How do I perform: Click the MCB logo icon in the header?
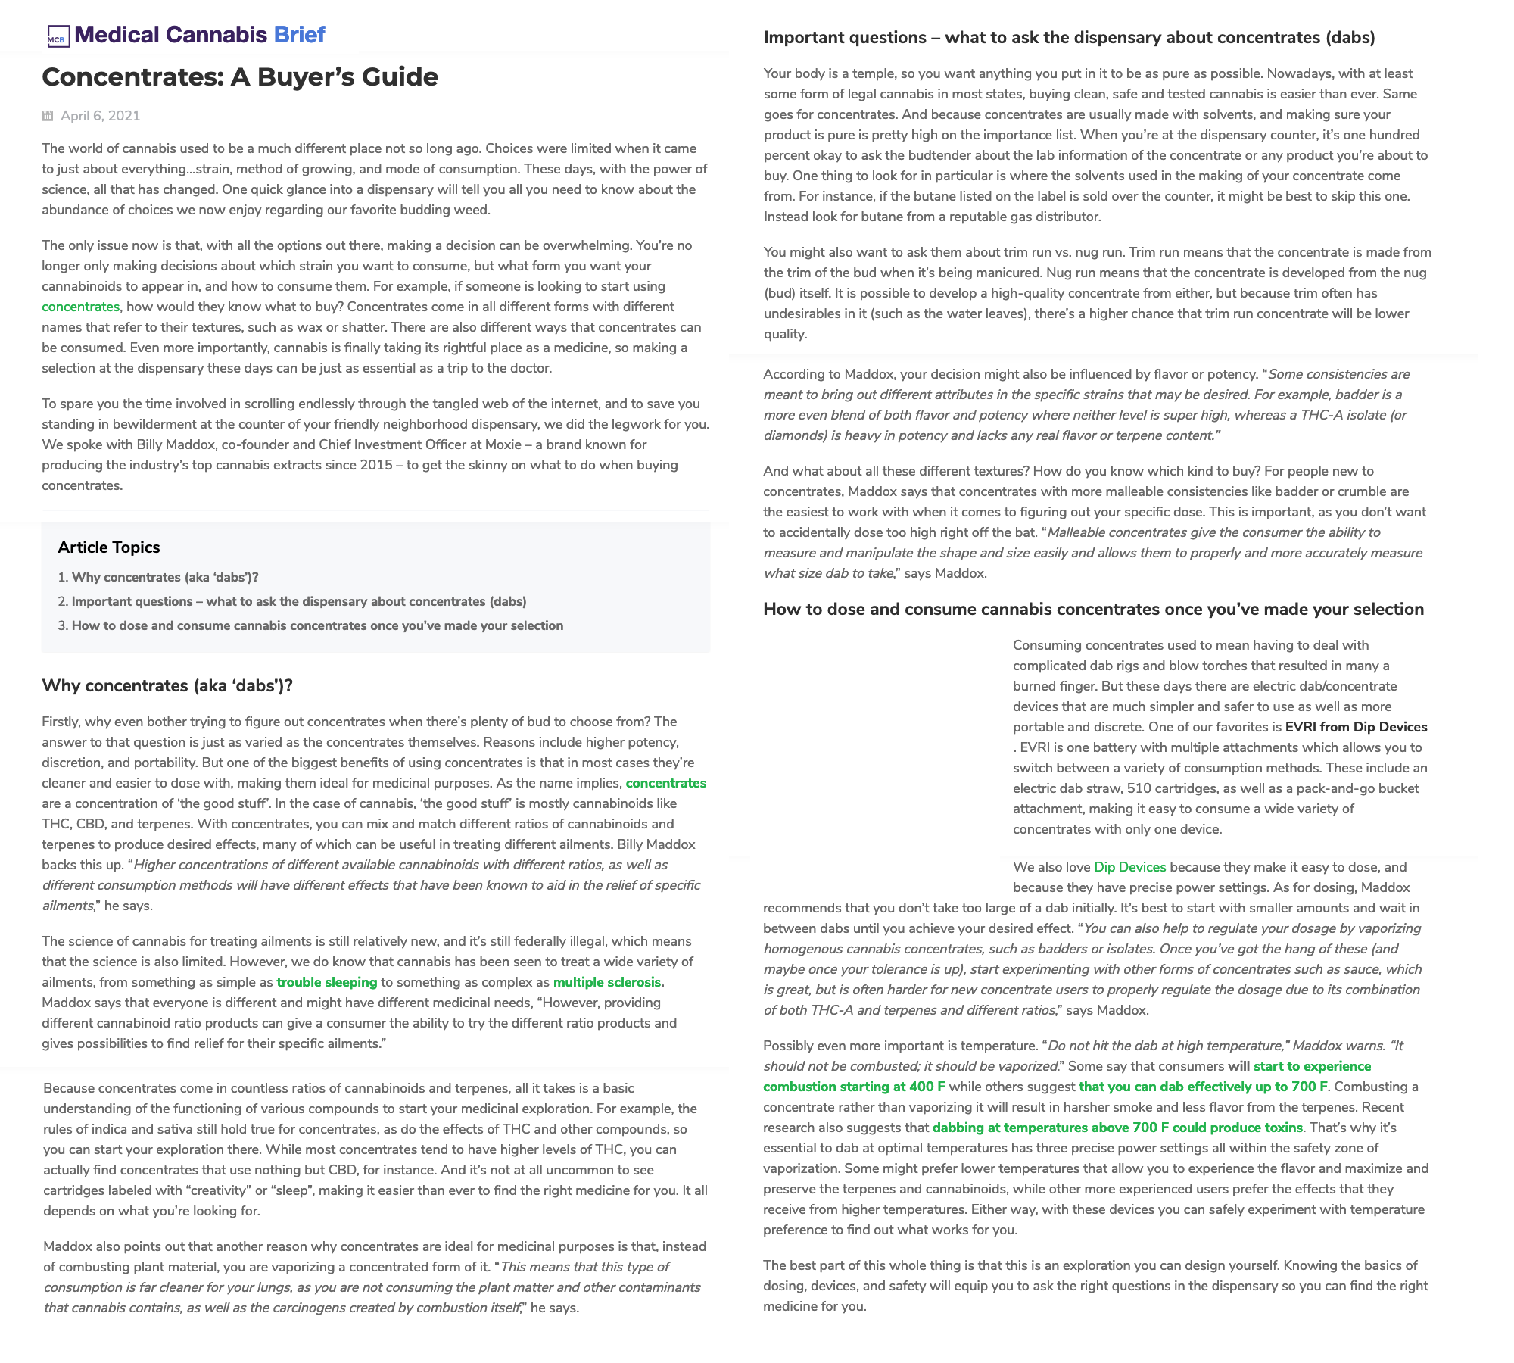pyautogui.click(x=58, y=36)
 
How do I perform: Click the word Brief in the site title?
pyautogui.click(x=299, y=35)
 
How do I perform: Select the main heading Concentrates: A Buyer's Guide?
pyautogui.click(x=240, y=77)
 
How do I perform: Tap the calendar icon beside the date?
pyautogui.click(x=48, y=116)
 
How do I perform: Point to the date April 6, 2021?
pyautogui.click(x=101, y=116)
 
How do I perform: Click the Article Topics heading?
pyautogui.click(x=109, y=547)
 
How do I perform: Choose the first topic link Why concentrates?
pyautogui.click(x=165, y=577)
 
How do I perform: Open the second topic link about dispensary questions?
pyautogui.click(x=299, y=601)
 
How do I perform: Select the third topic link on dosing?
pyautogui.click(x=317, y=625)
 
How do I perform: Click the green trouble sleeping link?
pyautogui.click(x=327, y=982)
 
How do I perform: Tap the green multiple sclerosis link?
pyautogui.click(x=607, y=982)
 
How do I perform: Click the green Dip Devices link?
pyautogui.click(x=1129, y=867)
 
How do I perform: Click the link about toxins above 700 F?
pyautogui.click(x=1117, y=1128)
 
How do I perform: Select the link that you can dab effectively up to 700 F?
pyautogui.click(x=1203, y=1087)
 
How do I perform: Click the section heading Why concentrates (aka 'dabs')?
pyautogui.click(x=167, y=686)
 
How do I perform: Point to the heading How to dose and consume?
pyautogui.click(x=1093, y=610)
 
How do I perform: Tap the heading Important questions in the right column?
pyautogui.click(x=1069, y=38)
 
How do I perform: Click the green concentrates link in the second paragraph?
pyautogui.click(x=80, y=307)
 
